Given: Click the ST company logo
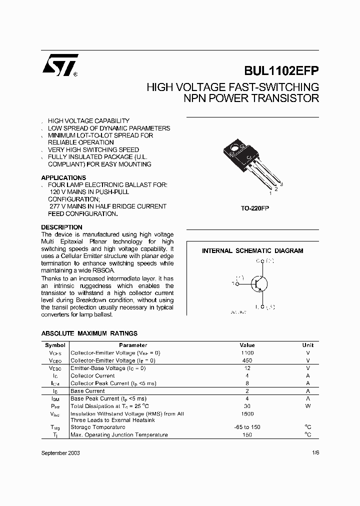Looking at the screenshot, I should [59, 65].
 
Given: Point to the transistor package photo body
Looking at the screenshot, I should [238, 152].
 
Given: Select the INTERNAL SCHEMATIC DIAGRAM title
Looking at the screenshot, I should [252, 251].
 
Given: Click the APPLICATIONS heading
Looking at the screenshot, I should [63, 177].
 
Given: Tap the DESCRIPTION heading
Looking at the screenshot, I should [61, 227].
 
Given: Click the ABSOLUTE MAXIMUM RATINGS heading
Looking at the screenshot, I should [89, 333].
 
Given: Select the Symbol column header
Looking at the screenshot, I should [55, 345].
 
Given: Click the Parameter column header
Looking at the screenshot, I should [133, 345].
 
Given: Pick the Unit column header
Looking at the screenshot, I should [308, 345].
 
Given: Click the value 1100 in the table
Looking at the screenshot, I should [247, 353].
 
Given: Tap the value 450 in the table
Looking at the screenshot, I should [247, 360].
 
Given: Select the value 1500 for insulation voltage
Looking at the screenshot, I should [247, 414].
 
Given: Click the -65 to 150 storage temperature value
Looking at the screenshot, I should [247, 427].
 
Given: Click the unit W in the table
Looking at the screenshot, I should [308, 406].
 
